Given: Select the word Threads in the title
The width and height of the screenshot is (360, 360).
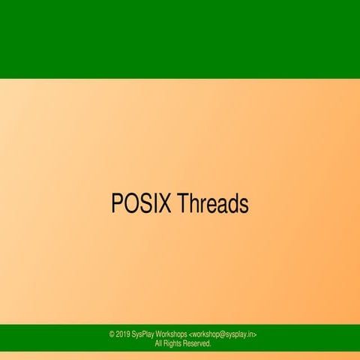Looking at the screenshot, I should pos(213,203).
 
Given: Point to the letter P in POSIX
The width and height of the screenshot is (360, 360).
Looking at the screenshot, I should pos(116,203).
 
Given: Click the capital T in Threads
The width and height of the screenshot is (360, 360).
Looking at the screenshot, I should pos(183,203).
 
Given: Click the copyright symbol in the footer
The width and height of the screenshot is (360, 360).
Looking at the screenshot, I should pos(112,334).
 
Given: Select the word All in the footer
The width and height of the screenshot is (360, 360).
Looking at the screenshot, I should pos(158,343).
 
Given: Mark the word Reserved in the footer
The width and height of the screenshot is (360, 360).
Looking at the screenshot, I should pos(199,343).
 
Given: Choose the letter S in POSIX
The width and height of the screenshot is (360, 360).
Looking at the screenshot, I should pos(144,203).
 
